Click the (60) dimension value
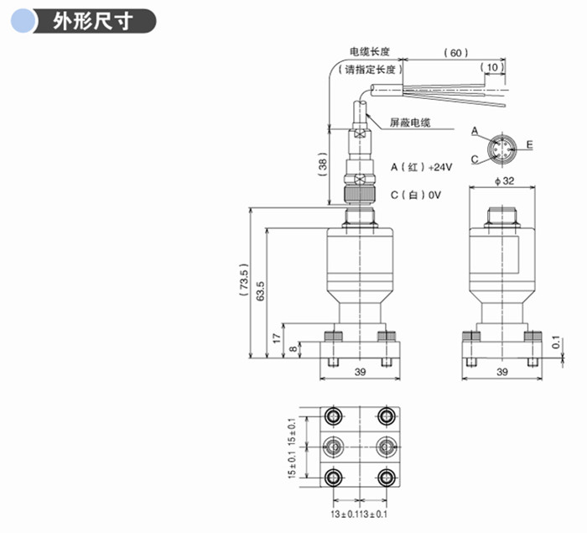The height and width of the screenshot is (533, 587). (x=455, y=53)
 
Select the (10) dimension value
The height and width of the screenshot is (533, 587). (x=493, y=67)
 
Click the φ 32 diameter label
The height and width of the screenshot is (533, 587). (x=503, y=181)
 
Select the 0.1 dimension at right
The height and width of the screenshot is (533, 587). (x=555, y=342)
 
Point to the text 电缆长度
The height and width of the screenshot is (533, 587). (x=368, y=53)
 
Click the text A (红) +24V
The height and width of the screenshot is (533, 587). (x=421, y=167)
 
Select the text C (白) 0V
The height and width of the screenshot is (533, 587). (x=416, y=195)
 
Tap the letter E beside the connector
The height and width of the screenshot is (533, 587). (x=530, y=145)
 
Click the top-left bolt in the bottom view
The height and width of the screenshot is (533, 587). (x=334, y=415)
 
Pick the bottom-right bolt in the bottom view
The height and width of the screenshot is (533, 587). (x=387, y=478)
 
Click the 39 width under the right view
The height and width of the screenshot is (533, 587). (x=502, y=371)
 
